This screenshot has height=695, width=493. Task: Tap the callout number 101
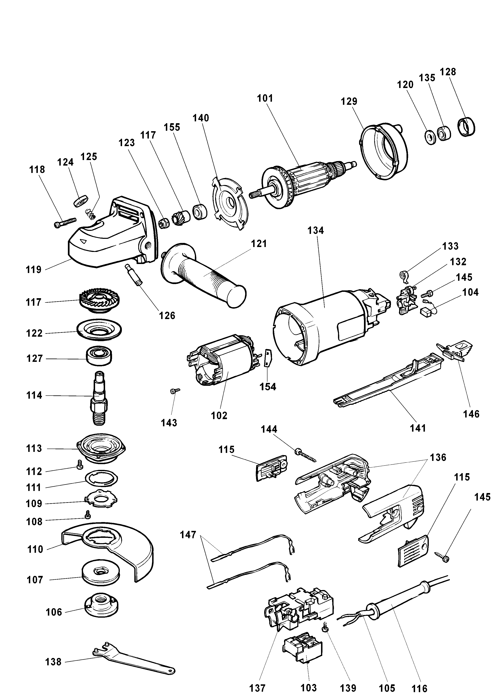tap(265, 98)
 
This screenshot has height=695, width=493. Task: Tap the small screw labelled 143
tap(175, 391)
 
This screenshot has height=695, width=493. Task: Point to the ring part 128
tap(466, 127)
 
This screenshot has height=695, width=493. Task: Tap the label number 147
tap(188, 535)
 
